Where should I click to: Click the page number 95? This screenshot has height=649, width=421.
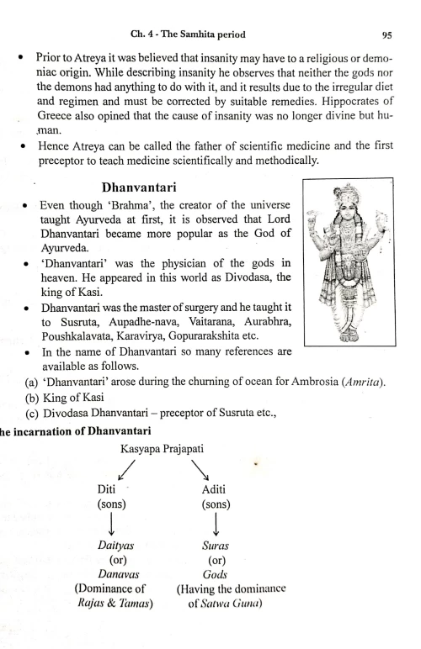tap(386, 35)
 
